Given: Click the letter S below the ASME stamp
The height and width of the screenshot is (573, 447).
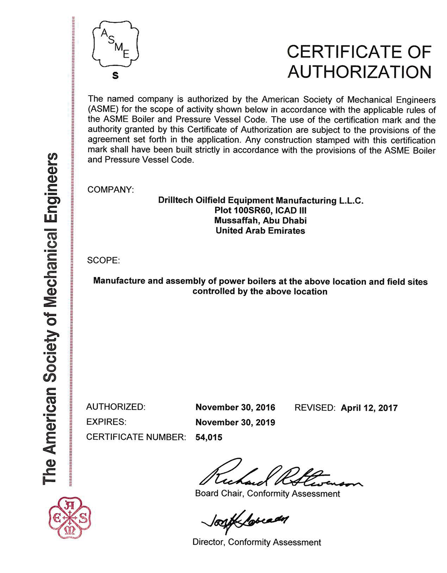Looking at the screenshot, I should (x=115, y=76).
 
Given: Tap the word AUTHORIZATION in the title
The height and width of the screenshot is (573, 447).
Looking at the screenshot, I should (x=359, y=72).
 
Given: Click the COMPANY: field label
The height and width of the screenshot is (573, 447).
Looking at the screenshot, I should (x=110, y=190).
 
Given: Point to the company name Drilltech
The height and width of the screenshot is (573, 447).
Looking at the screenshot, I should (x=176, y=200).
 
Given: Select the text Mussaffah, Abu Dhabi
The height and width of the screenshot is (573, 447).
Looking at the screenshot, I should (x=260, y=221).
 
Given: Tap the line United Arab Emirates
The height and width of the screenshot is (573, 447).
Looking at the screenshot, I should (x=260, y=231).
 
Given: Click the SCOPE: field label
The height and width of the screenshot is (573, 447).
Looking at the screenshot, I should (x=103, y=260).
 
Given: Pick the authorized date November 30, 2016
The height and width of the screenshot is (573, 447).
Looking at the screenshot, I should (x=235, y=408).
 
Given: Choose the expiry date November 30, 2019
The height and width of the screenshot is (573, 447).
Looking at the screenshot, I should (x=235, y=422).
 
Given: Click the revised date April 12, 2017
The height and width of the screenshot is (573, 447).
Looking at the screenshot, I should (x=369, y=408).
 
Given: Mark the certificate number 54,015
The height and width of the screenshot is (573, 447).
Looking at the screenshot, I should (x=209, y=437).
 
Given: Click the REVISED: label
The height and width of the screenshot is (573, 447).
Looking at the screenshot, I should (x=315, y=408).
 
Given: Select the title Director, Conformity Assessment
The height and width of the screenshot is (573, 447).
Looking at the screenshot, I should (x=257, y=542).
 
